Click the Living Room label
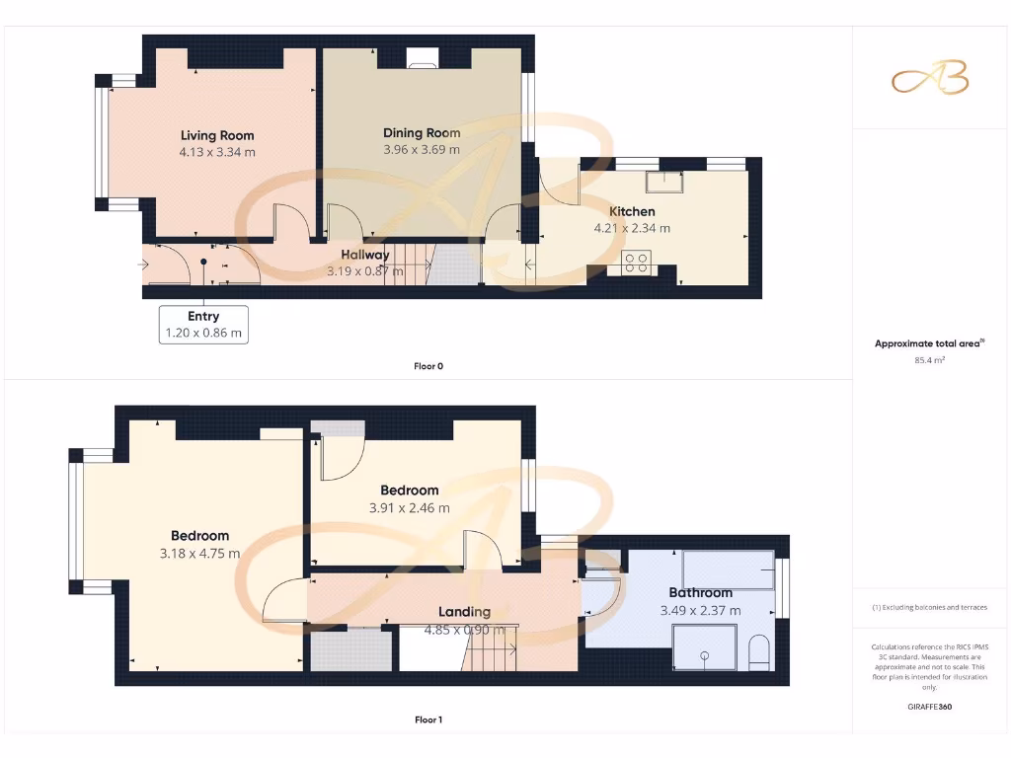(217, 135)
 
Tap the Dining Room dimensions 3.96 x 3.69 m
(422, 150)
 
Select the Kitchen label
(632, 211)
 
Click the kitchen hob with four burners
(637, 263)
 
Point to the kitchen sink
(666, 181)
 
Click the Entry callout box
(203, 325)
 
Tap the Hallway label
(365, 255)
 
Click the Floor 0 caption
(428, 366)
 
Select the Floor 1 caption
(428, 720)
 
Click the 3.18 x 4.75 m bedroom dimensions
(199, 554)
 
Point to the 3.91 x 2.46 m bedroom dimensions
(410, 508)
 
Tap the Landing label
(464, 612)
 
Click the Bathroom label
(700, 593)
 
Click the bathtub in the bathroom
(729, 570)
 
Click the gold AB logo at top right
(930, 79)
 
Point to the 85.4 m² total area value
(930, 360)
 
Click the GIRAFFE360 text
(930, 707)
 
